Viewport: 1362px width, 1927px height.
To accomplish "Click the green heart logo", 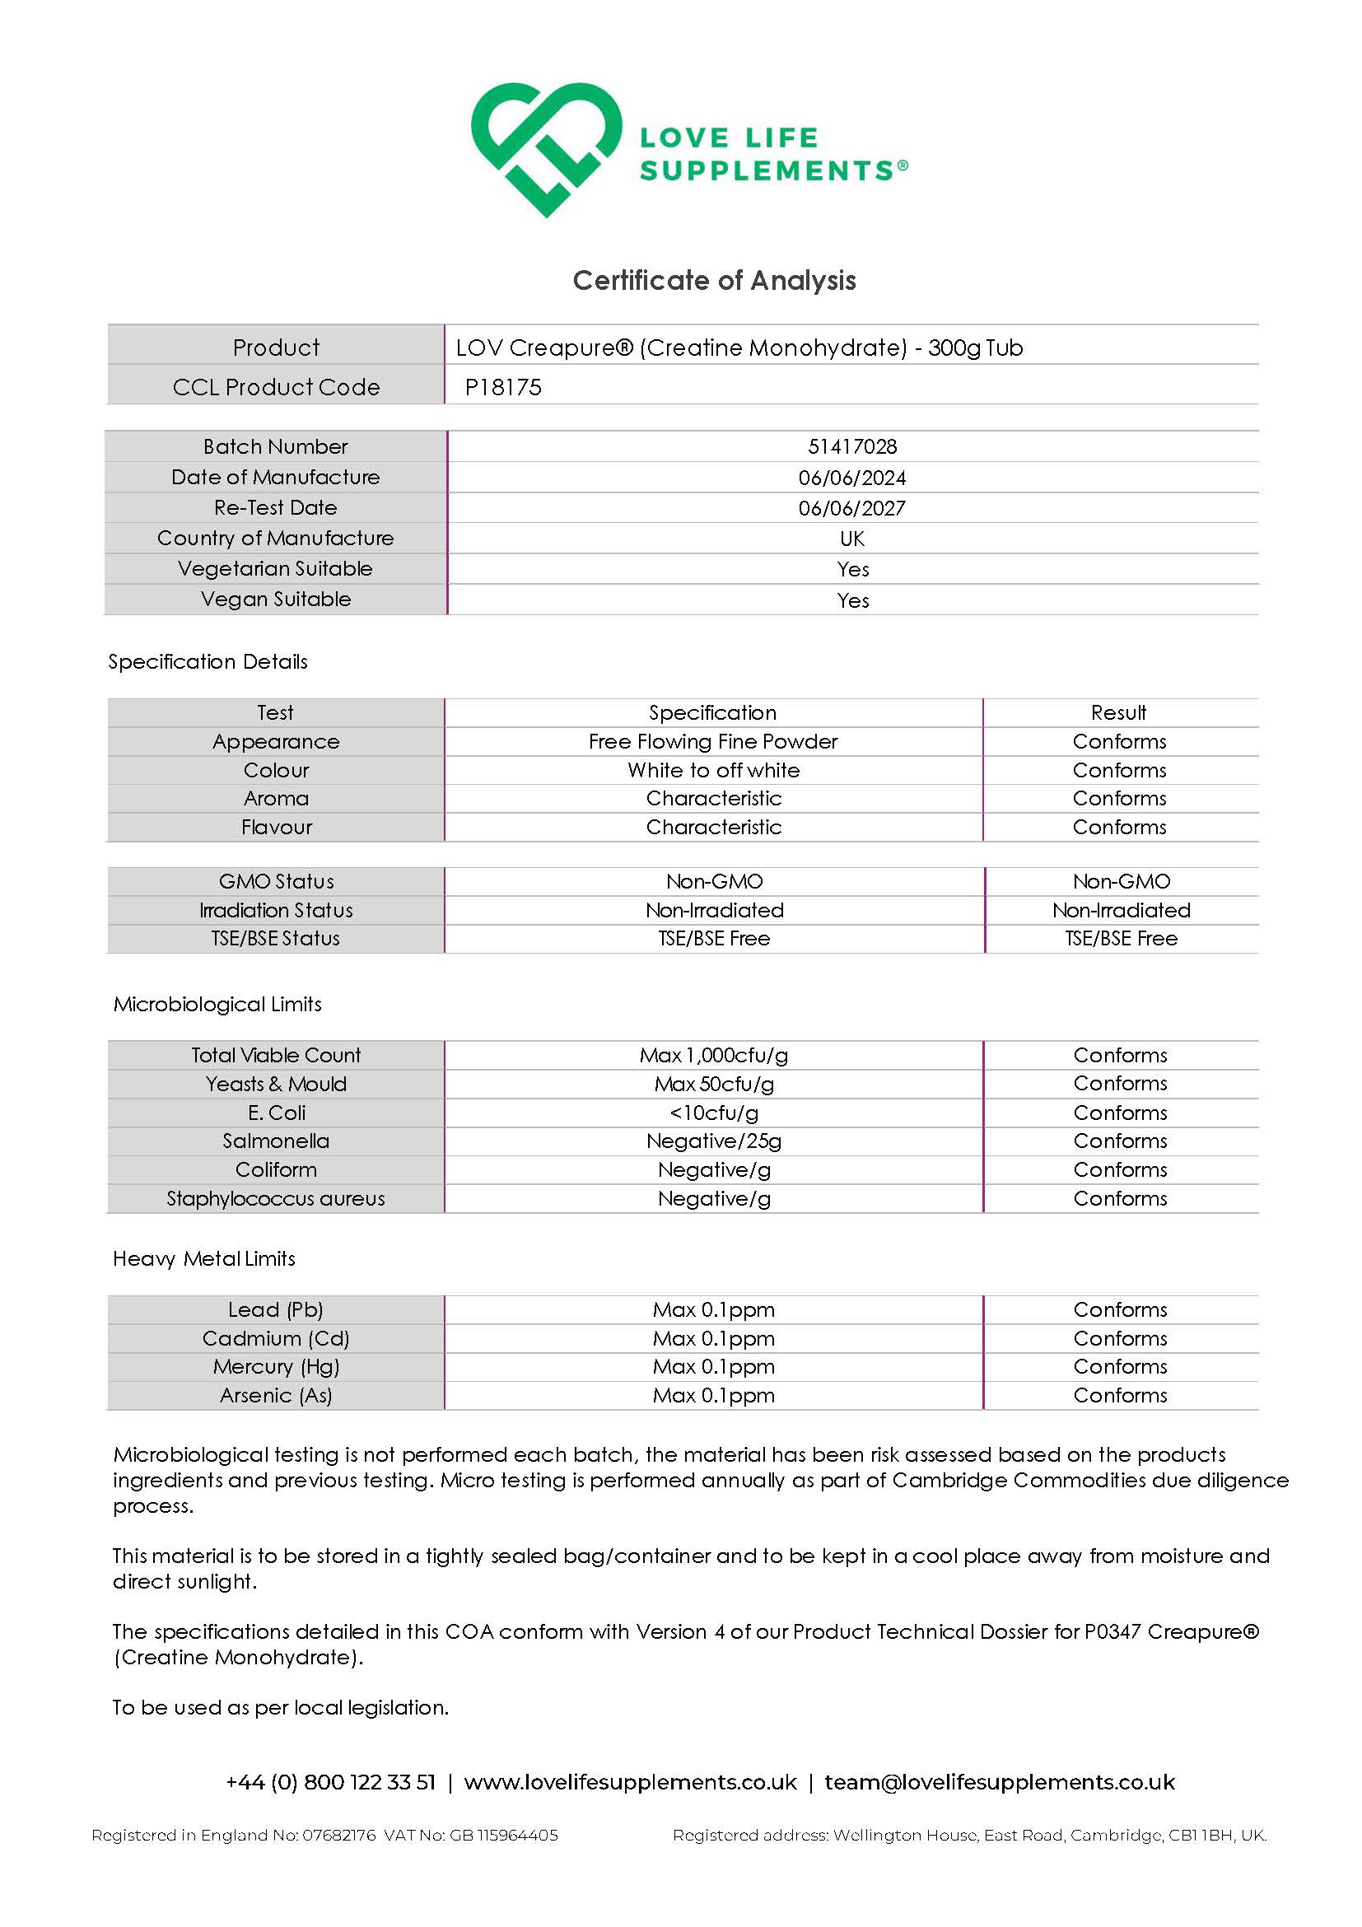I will tap(545, 147).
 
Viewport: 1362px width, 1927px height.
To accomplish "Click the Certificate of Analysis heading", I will tap(714, 280).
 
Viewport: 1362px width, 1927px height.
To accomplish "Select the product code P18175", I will tap(503, 387).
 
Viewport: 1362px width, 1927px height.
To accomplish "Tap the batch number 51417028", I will tap(851, 446).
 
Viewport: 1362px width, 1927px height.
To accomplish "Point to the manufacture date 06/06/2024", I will tap(851, 478).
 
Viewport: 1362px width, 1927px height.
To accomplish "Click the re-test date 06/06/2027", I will tap(851, 508).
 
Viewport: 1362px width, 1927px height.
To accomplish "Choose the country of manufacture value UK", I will tap(851, 538).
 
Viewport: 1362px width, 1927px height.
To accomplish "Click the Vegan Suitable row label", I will tap(275, 600).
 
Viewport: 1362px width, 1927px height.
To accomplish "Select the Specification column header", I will tap(712, 712).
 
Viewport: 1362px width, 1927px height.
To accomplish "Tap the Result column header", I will tap(1118, 712).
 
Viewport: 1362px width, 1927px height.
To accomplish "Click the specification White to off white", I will tap(713, 770).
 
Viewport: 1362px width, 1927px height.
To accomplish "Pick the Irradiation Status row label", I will tap(275, 910).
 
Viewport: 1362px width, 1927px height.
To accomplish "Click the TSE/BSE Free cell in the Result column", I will tap(1122, 938).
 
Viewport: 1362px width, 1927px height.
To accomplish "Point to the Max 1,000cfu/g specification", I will tap(713, 1055).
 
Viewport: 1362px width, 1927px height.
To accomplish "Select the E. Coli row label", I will tap(276, 1112).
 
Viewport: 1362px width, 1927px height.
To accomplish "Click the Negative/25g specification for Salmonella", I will tap(713, 1141).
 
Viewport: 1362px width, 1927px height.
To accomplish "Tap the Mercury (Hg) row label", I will tap(275, 1366).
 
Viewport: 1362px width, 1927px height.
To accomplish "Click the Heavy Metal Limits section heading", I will tap(204, 1258).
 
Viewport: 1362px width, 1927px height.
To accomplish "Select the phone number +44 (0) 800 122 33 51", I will tap(331, 1782).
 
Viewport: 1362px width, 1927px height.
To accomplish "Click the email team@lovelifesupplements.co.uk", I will tap(1000, 1782).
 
